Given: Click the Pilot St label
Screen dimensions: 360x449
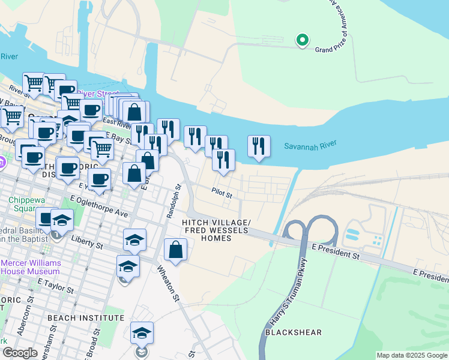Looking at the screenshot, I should point(221,193).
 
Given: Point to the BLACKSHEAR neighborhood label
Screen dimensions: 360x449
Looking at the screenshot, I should point(293,332).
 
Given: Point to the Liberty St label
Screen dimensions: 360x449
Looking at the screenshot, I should point(88,244).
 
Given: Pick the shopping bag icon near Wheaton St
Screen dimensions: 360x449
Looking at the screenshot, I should point(175,250).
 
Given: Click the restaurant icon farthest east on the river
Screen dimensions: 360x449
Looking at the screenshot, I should point(259,146).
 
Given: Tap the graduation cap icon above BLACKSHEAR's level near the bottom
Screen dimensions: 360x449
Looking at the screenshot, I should point(142,333).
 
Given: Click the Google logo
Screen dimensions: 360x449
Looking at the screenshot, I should point(19,353).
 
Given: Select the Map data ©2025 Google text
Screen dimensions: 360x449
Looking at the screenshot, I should point(411,355).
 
